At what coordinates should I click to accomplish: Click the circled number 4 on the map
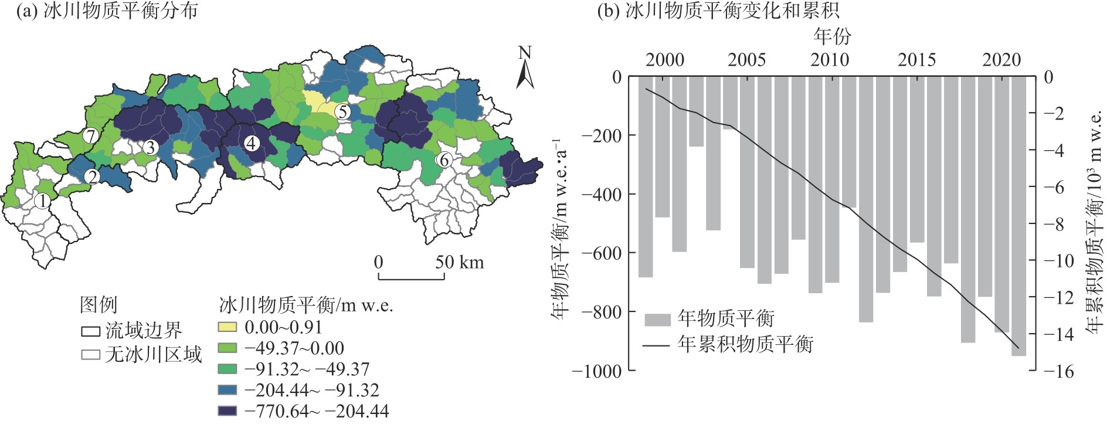[x=252, y=143]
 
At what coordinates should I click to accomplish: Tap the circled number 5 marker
[x=342, y=111]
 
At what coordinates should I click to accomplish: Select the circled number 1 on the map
[x=42, y=201]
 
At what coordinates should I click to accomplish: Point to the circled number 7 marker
[x=90, y=136]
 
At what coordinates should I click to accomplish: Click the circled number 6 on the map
[x=444, y=160]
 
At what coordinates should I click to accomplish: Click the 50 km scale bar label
[x=459, y=262]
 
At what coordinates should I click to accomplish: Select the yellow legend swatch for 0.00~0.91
[x=227, y=327]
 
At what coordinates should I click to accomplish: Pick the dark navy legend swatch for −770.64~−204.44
[x=227, y=411]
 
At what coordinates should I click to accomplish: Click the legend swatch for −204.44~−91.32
[x=227, y=390]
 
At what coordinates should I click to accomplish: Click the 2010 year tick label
[x=830, y=60]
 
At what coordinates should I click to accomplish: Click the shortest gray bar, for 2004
[x=731, y=103]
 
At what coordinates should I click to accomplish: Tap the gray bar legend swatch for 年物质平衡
[x=657, y=320]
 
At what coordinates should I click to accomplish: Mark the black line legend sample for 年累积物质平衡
[x=657, y=345]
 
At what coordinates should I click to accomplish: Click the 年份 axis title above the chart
[x=832, y=37]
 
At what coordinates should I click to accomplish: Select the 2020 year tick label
[x=1001, y=60]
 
